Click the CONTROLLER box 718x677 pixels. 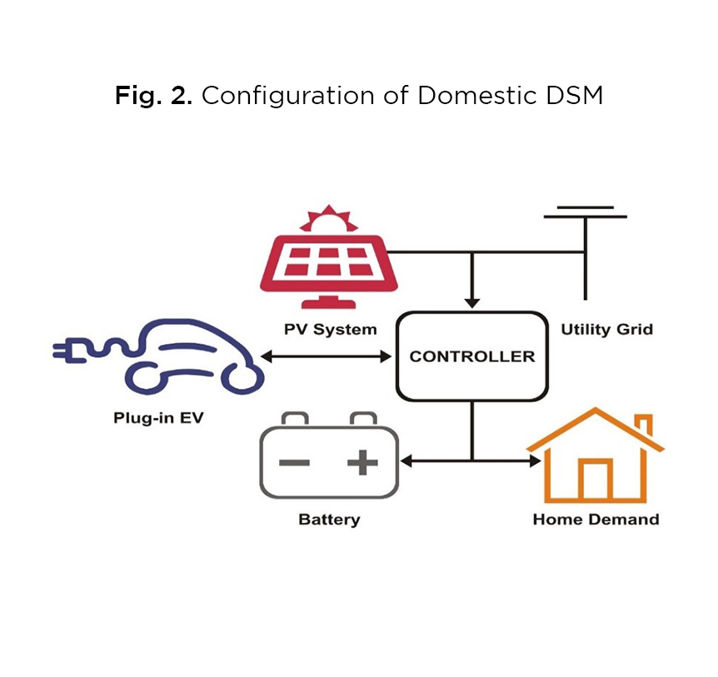pyautogui.click(x=472, y=356)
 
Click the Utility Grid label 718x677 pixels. pyautogui.click(x=606, y=330)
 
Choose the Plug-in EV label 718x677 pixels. pyautogui.click(x=158, y=417)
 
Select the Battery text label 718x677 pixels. pyautogui.click(x=329, y=520)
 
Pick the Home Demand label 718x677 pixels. pyautogui.click(x=596, y=520)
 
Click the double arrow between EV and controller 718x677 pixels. pyautogui.click(x=327, y=356)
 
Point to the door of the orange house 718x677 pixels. pyautogui.click(x=595, y=481)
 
